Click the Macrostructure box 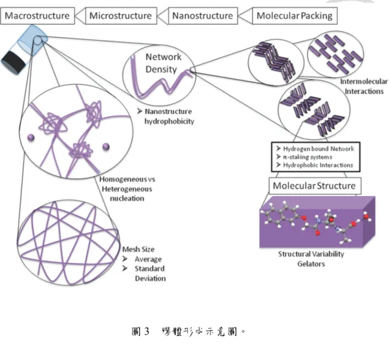point(37,16)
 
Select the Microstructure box point(121,16)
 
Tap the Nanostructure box point(203,16)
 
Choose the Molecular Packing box point(295,16)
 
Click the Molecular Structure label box point(315,186)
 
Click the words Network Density point(163,63)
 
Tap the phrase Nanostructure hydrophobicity point(168,117)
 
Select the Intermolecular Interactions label point(364,86)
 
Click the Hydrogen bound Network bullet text point(319,149)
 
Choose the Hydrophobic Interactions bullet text point(318,165)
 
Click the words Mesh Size point(138,249)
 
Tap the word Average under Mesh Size point(148,259)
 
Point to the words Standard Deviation point(150,274)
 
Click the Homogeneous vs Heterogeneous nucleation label point(127,189)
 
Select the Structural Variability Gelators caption point(311,259)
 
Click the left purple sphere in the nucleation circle point(31,137)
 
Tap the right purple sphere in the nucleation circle point(106,147)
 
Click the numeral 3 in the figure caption point(146,331)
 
